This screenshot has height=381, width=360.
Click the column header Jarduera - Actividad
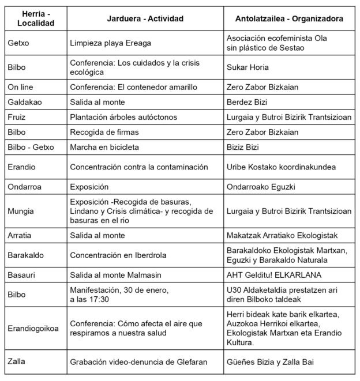[145, 18]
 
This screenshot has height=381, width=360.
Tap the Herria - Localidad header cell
[35, 18]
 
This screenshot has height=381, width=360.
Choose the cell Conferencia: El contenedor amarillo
[133, 88]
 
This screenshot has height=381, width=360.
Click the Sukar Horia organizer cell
[247, 67]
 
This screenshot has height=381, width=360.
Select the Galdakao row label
[24, 102]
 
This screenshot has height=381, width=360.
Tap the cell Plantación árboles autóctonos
[123, 117]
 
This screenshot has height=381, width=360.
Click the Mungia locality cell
[20, 212]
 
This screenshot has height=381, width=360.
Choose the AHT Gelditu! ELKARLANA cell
[274, 275]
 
